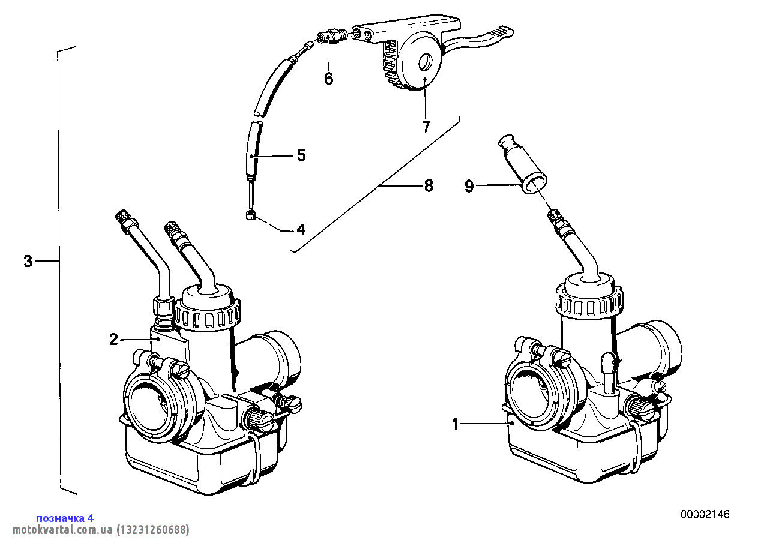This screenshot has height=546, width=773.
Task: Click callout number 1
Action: (456, 425)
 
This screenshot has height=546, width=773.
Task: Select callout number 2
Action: (113, 340)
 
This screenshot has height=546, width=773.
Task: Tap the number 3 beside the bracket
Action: (28, 262)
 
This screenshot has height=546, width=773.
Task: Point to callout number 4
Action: (301, 229)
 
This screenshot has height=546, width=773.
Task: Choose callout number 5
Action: (301, 155)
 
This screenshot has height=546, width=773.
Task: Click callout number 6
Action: (329, 79)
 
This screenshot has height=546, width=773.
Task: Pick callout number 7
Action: (426, 127)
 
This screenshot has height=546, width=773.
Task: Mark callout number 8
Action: (428, 186)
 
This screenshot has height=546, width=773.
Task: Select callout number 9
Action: (469, 187)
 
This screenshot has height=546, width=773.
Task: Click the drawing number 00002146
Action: (705, 515)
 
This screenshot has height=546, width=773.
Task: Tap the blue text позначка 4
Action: (65, 518)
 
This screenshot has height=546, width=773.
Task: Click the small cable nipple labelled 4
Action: (251, 215)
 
